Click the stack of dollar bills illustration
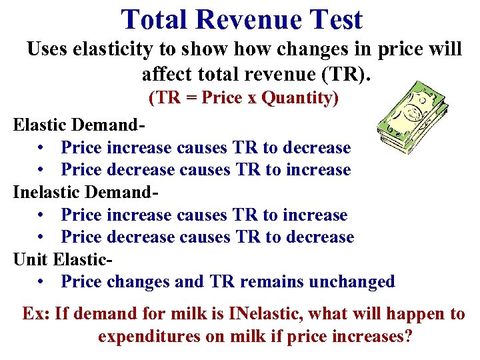[x=407, y=117]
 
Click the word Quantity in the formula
[x=300, y=98]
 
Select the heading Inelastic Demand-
[x=87, y=193]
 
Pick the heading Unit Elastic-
[x=63, y=259]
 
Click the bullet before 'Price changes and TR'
[x=42, y=282]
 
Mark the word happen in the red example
[x=416, y=313]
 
